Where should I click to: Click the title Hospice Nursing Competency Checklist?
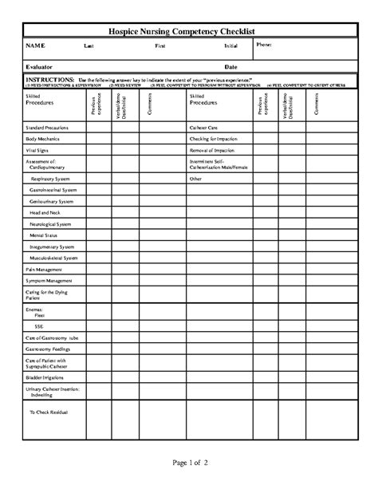[x=188, y=30]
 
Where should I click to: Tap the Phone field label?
[x=265, y=45]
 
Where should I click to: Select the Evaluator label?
[x=40, y=67]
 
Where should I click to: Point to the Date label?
[x=230, y=67]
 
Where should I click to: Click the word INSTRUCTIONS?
[x=49, y=81]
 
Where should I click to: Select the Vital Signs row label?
[x=37, y=149]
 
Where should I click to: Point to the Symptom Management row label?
[x=49, y=282]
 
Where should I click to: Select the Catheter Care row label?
[x=203, y=127]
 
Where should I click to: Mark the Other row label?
[x=195, y=179]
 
